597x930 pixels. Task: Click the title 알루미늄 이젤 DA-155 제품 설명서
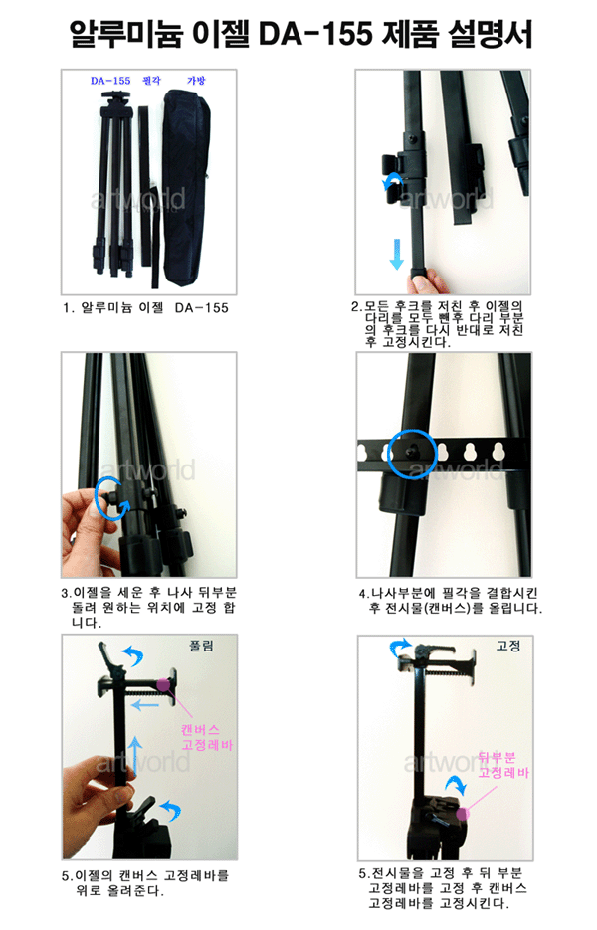pos(300,33)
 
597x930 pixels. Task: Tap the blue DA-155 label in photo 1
pos(110,81)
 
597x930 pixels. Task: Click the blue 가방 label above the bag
pos(196,81)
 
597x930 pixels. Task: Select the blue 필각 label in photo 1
pos(151,81)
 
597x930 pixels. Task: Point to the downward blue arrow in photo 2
pos(396,254)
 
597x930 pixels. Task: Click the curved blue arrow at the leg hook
pos(392,182)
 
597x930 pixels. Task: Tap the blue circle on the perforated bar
pos(412,454)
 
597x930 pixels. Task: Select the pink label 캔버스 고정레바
pos(207,737)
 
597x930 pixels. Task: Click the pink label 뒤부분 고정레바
pos(503,765)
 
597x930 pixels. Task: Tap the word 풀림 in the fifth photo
pos(201,646)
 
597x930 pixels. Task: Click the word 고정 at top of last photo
pos(508,646)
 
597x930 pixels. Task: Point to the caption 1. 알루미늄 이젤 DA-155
pos(145,307)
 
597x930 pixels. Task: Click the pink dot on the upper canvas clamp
pos(163,685)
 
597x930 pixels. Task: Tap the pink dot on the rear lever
pos(463,814)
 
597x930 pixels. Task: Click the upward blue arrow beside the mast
pos(136,756)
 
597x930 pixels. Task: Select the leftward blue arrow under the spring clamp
pos(145,705)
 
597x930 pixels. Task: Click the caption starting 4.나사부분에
pos(450,600)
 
